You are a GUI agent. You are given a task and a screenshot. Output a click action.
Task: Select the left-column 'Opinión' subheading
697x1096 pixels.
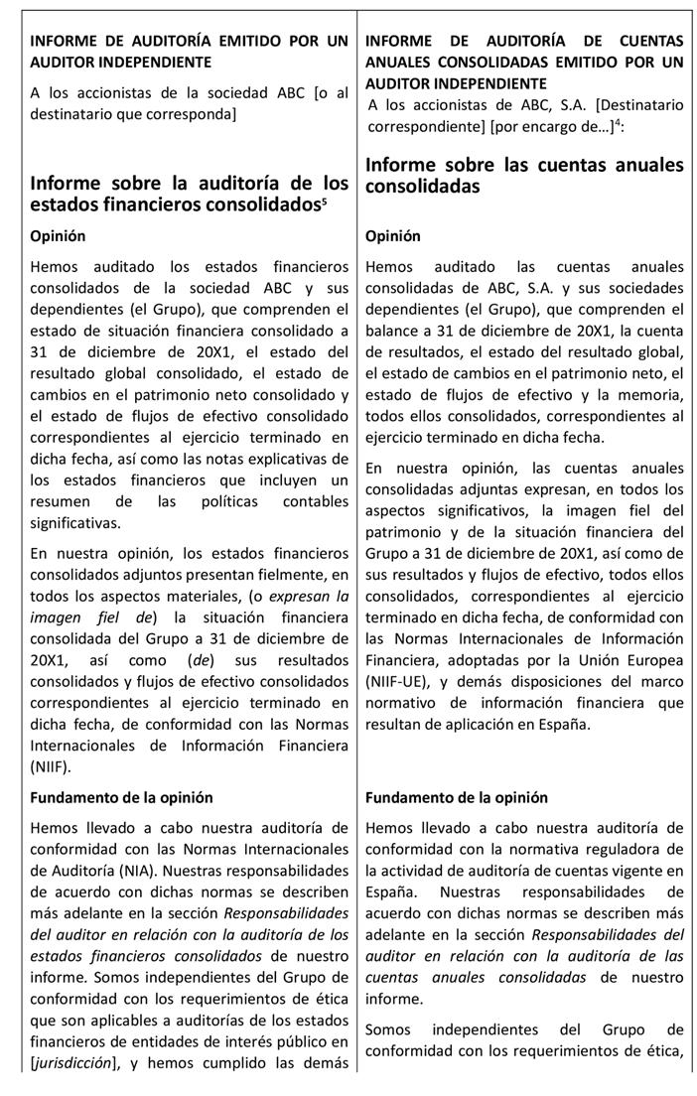58,236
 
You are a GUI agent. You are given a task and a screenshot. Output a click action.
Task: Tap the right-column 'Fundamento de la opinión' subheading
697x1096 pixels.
456,797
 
